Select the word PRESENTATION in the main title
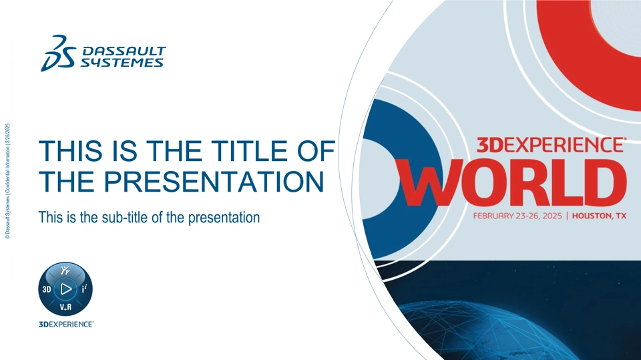[214, 181]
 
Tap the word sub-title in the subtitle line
[125, 217]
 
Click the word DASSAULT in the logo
[124, 51]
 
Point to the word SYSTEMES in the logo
[122, 62]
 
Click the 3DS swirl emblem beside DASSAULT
[58, 53]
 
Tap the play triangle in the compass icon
[65, 289]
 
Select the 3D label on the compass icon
[47, 289]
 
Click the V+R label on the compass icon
[65, 307]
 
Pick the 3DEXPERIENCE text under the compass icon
[66, 325]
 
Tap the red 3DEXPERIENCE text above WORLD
[551, 145]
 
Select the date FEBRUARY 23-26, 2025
[517, 216]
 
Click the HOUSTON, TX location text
[599, 216]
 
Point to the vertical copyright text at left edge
[8, 181]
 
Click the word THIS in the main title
[70, 150]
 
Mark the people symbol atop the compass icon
[65, 271]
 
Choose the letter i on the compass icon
[84, 289]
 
